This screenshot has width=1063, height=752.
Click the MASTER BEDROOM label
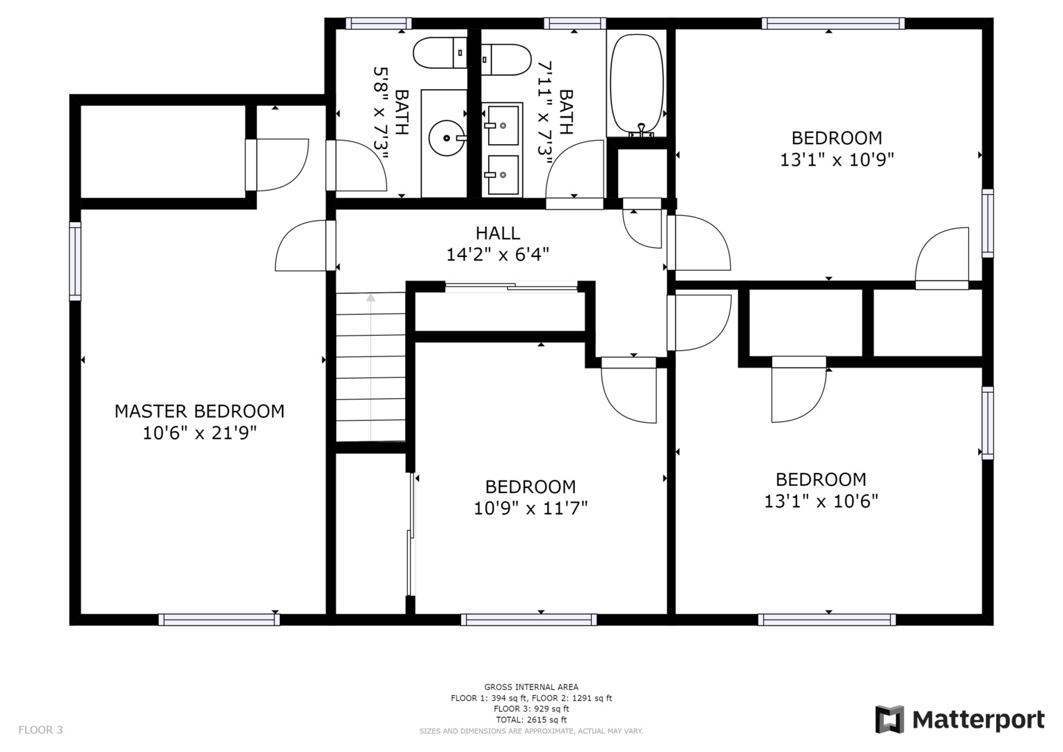coord(199,411)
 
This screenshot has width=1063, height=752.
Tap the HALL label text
coord(498,233)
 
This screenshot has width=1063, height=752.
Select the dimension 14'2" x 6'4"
coord(498,255)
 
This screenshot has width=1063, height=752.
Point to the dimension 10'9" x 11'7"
coord(530,508)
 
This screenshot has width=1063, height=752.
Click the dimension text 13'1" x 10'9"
coord(837,160)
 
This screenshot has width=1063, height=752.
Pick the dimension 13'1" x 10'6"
coord(821,501)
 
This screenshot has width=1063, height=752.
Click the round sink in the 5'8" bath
coord(446,138)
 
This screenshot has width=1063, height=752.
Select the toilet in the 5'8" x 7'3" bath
coord(440,53)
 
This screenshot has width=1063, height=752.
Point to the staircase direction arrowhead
coord(370,298)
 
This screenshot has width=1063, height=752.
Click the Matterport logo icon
coord(890,720)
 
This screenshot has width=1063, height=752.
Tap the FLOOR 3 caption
coord(40,730)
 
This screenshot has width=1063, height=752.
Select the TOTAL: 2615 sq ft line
coord(531,720)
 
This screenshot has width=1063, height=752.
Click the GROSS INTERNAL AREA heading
coord(531,687)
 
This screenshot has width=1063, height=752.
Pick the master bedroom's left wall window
coord(75,261)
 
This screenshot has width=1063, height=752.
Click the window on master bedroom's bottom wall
coord(219,620)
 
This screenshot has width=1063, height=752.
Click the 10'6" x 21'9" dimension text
coord(199,433)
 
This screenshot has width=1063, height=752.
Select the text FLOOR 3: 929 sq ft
coord(531,709)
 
